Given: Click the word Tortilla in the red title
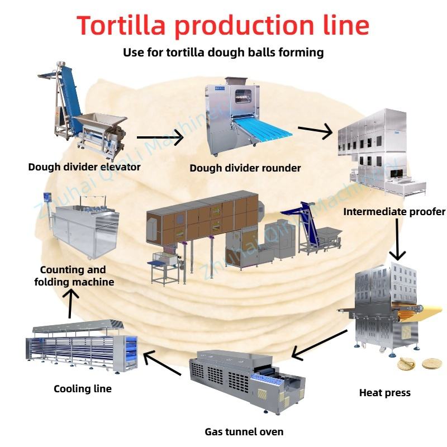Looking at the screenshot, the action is point(121,25).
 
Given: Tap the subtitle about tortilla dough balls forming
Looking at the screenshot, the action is point(223,53).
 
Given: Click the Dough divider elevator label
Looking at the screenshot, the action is point(84,167).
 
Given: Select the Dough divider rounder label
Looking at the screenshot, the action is point(245,168).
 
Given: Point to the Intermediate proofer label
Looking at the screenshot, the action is point(394,212).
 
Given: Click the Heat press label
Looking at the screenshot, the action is point(385,393).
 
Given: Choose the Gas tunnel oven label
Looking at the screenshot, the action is point(244,432).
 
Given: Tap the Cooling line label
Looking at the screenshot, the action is point(83,389).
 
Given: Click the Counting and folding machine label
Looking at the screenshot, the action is point(74,275).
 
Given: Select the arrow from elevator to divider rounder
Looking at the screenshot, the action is point(160,137).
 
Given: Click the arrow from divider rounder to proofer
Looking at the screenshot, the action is point(315,131).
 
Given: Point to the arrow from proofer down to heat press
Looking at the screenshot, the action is point(397,240).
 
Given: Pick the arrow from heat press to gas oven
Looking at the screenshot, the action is point(319,345).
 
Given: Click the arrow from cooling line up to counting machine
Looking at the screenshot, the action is point(70,303).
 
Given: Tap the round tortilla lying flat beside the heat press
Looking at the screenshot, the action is point(431,364).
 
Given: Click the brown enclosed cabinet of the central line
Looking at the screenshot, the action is point(202,217).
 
